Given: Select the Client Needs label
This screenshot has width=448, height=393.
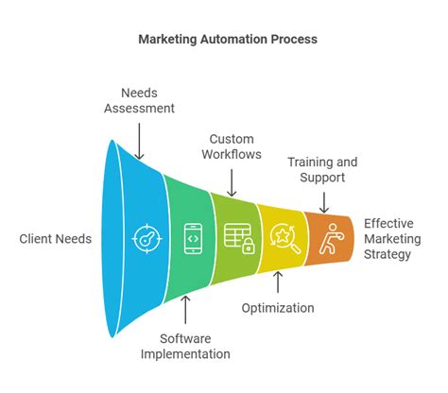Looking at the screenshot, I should point(56,239).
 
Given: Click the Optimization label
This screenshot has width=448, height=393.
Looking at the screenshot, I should point(277,308).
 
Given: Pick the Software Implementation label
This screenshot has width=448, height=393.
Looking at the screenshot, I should point(185,347).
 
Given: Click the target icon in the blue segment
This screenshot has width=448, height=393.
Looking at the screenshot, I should point(143,237).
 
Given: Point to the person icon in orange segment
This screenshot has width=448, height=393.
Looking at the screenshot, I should point(327,237).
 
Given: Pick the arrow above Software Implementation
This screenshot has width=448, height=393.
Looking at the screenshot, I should point(186,309).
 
